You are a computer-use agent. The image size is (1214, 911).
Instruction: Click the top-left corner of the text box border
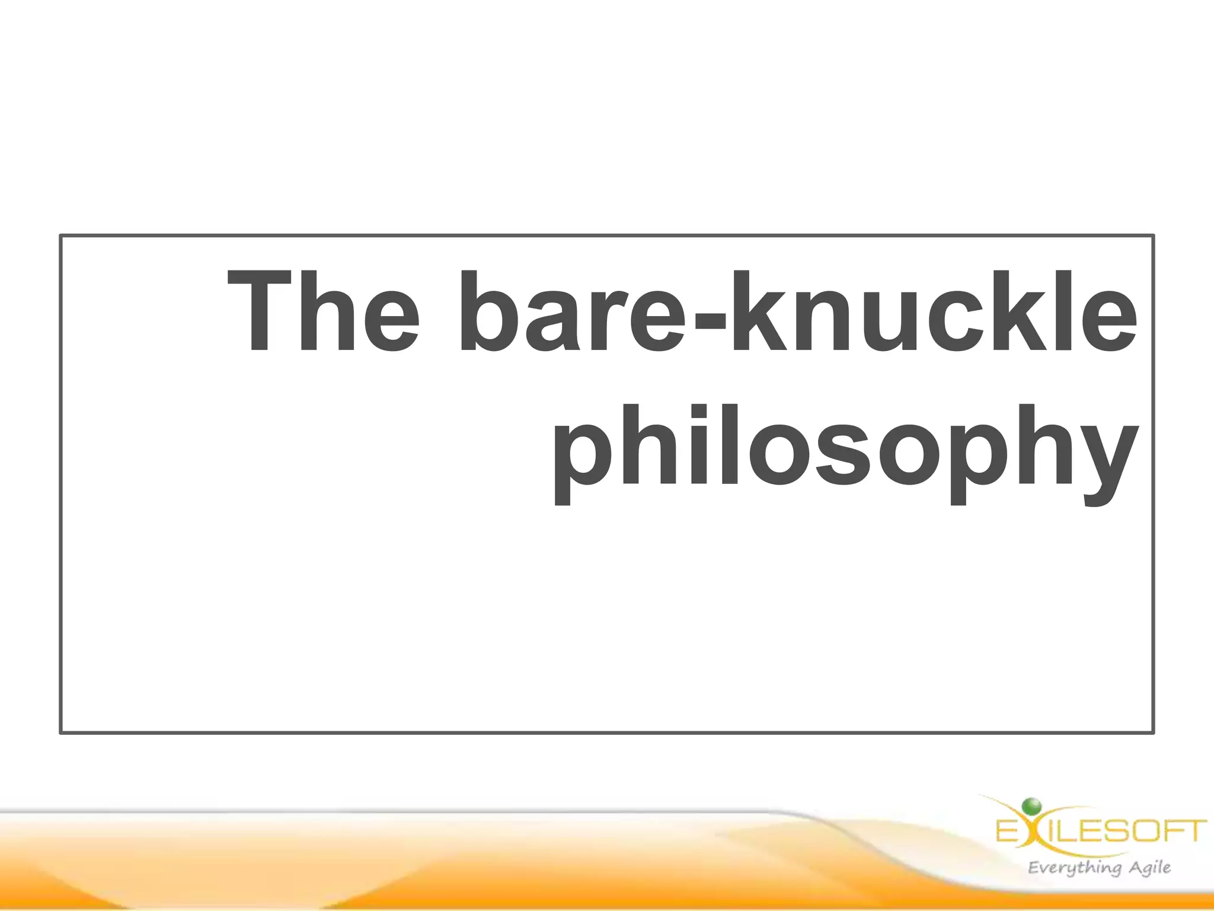tap(61, 236)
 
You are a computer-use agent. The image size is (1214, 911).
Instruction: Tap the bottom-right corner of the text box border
tap(1153, 732)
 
